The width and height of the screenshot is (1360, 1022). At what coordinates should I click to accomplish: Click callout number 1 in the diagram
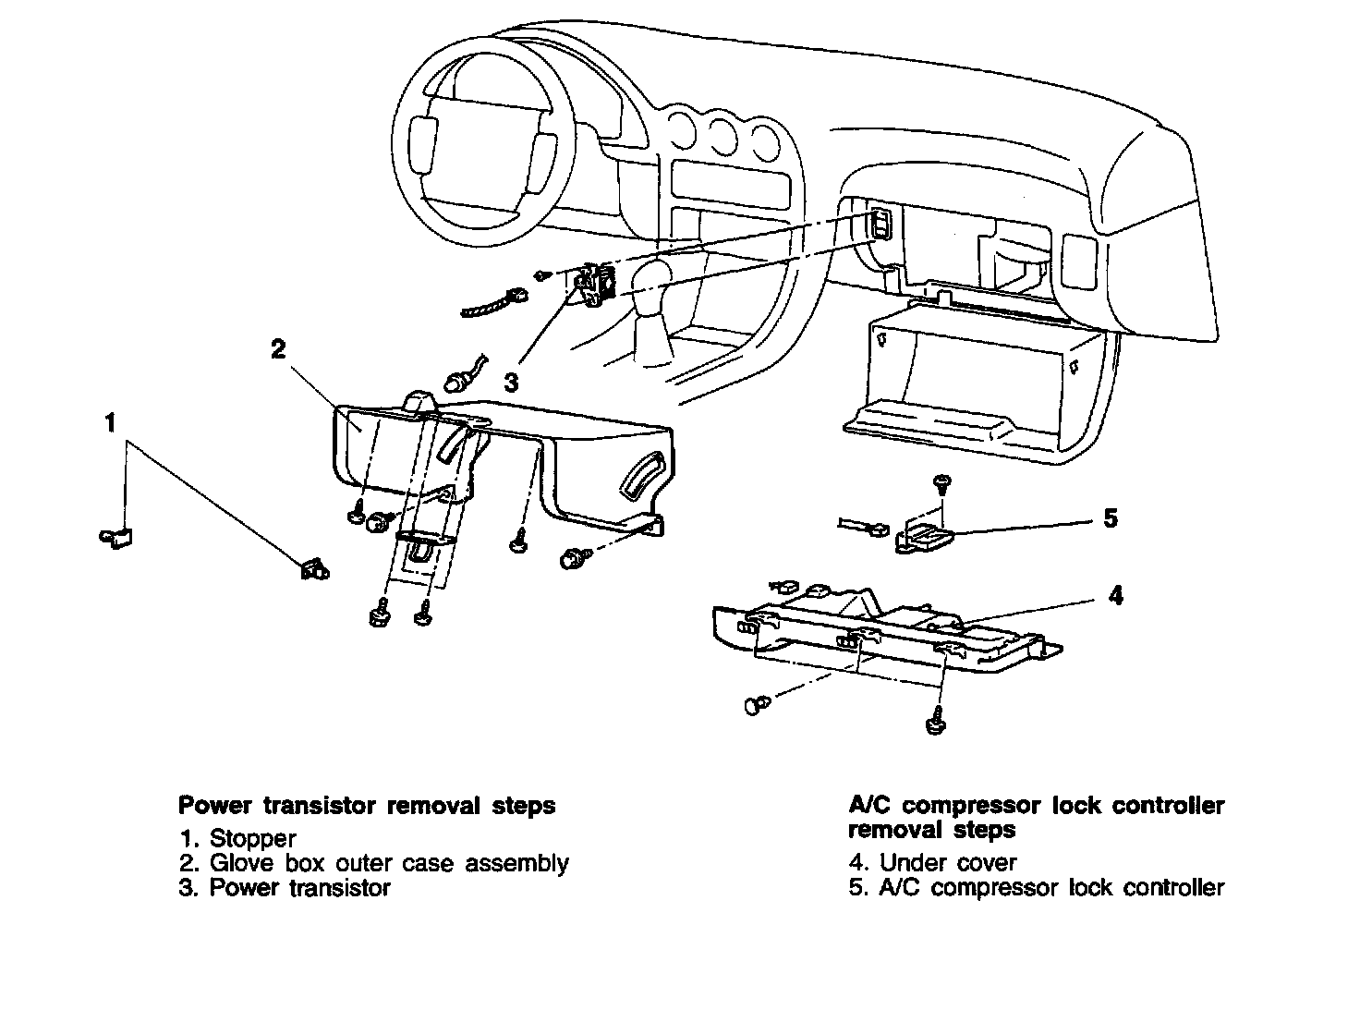[111, 423]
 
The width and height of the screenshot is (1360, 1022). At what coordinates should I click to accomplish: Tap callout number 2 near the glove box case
[278, 349]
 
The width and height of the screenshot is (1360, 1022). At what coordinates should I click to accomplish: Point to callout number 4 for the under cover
[1116, 596]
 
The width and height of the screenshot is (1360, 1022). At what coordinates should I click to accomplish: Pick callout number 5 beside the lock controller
[1111, 518]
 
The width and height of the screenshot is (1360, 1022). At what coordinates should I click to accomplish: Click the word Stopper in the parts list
[252, 839]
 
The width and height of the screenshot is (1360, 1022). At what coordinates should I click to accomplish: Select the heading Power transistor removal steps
[367, 806]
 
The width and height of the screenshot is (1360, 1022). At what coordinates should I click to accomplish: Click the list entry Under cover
[947, 863]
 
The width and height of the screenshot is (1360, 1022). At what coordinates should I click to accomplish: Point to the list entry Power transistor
[299, 888]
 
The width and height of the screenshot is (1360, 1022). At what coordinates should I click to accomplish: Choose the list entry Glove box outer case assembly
[389, 863]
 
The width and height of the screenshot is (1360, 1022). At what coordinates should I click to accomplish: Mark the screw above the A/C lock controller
[941, 482]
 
